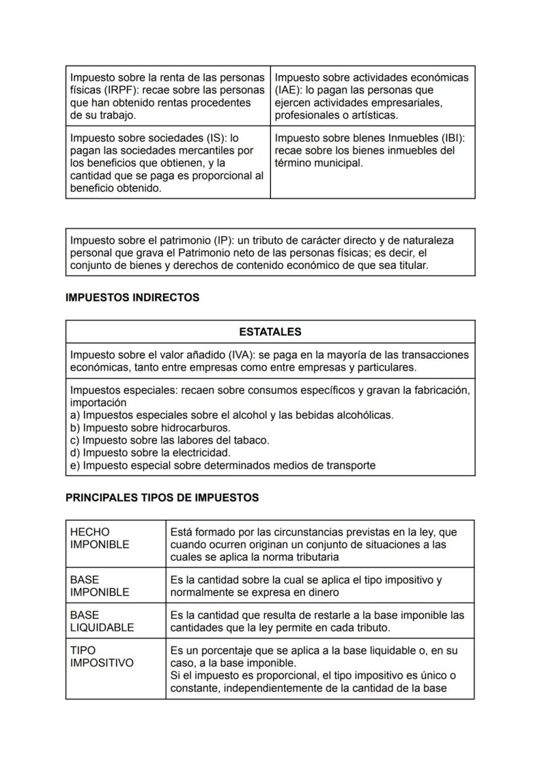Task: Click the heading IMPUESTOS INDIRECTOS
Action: (x=132, y=298)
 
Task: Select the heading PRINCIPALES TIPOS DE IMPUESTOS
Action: (x=162, y=498)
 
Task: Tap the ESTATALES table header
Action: (x=270, y=332)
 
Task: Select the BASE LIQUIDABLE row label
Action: (x=101, y=621)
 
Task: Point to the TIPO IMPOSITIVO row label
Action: (x=101, y=656)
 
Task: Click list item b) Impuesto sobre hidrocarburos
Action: (x=150, y=428)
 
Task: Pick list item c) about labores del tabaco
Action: (x=170, y=440)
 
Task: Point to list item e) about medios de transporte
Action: (x=223, y=465)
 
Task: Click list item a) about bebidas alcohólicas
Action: (x=232, y=416)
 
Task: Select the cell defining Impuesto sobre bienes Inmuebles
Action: (x=372, y=151)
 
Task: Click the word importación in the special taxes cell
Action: (x=98, y=403)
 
